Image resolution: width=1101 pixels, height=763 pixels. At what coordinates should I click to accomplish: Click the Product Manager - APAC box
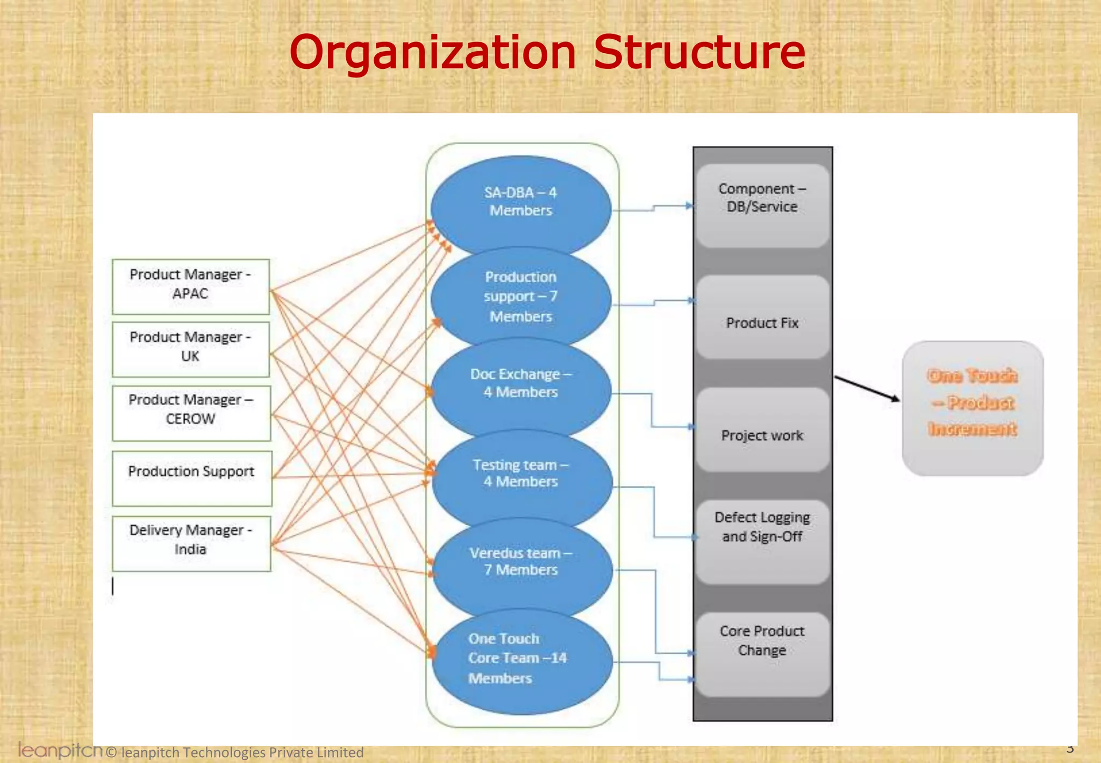[191, 286]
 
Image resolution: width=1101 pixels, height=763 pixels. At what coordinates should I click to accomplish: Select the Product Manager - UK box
[191, 349]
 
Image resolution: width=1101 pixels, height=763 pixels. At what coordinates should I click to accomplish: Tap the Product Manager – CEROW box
[191, 413]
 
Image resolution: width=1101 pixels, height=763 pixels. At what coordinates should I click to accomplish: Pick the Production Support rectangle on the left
[192, 478]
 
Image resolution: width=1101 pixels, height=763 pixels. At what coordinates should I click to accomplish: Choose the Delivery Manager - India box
[191, 543]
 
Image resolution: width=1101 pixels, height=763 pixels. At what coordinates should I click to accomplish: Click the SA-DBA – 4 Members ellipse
[520, 203]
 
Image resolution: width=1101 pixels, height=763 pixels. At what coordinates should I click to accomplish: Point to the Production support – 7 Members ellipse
[520, 297]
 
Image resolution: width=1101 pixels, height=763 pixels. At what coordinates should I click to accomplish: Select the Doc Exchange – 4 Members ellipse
[520, 384]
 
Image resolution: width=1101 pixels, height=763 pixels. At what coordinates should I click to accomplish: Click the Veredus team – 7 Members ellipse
[521, 563]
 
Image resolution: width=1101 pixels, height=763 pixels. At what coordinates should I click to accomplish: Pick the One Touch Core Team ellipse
[520, 660]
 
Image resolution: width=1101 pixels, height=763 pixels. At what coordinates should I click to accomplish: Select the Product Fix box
[762, 319]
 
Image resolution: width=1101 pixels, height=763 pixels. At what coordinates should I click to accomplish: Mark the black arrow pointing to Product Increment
[867, 388]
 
